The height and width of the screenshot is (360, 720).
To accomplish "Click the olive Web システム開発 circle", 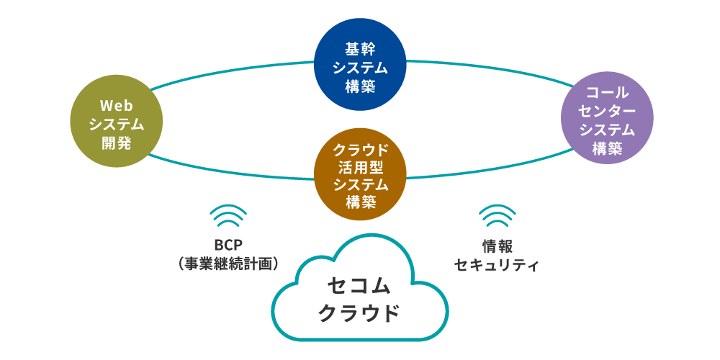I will click(116, 121).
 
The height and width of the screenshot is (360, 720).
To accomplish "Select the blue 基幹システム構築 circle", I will click(360, 63).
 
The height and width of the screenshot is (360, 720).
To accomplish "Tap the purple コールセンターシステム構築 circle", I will click(607, 117).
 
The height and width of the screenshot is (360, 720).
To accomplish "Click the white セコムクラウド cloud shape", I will click(359, 295).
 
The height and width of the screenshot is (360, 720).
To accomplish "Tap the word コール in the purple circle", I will click(607, 93).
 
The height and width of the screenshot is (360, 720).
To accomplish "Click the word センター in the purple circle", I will click(607, 112).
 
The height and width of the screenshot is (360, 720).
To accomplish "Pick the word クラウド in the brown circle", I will click(360, 150).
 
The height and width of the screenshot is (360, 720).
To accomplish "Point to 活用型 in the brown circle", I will click(360, 167).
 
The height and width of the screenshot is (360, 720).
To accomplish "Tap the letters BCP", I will click(228, 246).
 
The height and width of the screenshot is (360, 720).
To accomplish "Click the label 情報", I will click(497, 246).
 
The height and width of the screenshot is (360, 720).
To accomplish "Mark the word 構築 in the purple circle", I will click(607, 149).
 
